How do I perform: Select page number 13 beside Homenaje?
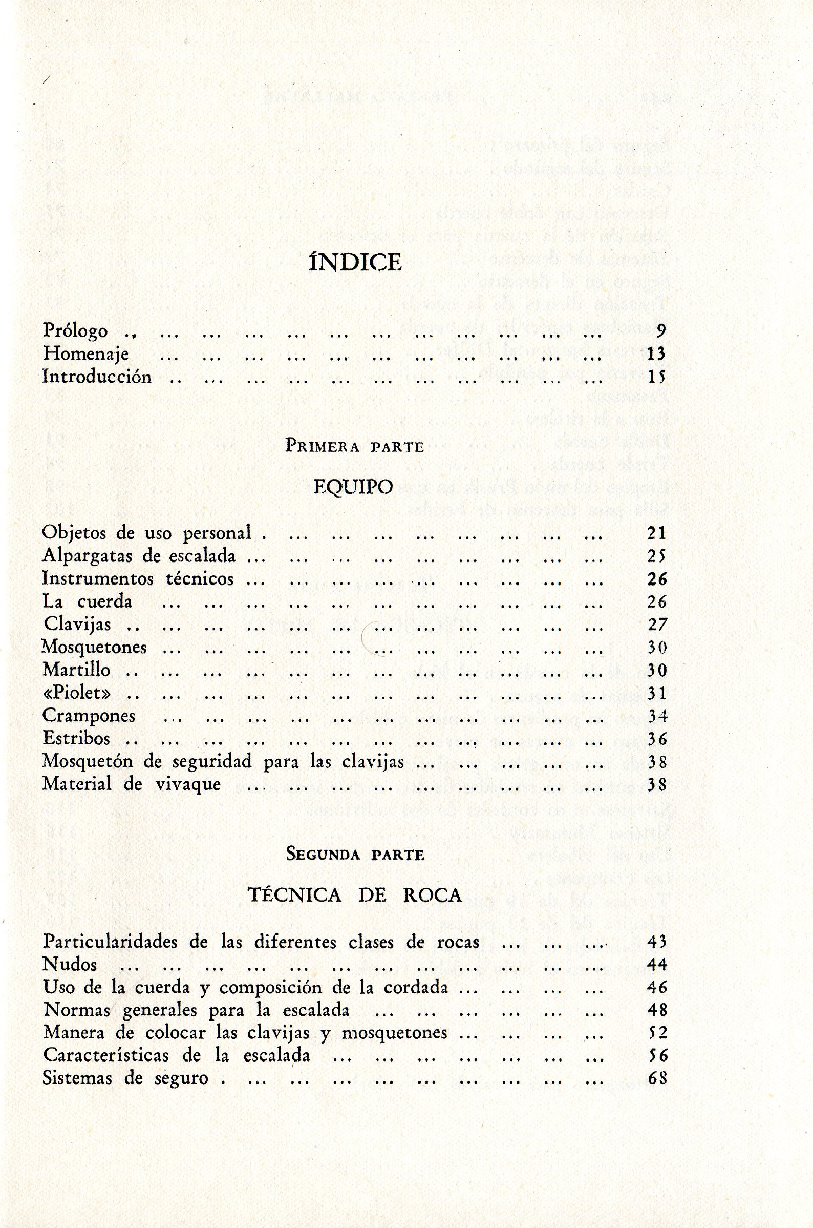656,355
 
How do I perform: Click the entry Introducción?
97,377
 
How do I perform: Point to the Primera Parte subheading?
355,447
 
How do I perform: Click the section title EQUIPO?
354,487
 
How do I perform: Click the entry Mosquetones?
95,648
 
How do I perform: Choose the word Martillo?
77,670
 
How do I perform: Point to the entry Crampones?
89,716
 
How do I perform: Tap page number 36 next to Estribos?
656,739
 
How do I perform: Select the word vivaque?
188,784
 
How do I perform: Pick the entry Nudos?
70,965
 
